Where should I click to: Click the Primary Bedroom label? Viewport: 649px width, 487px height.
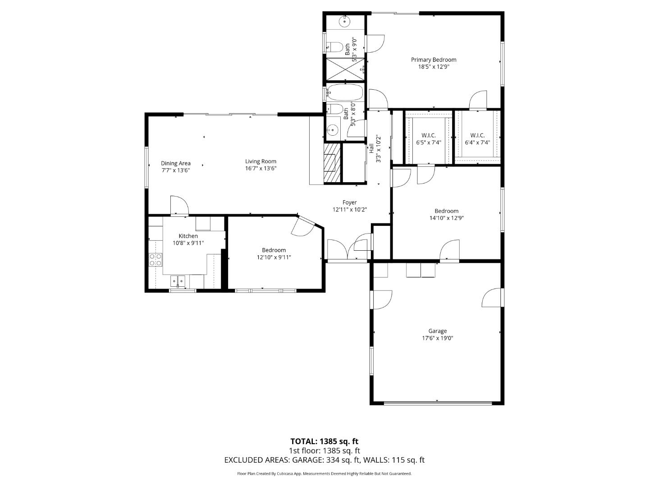pos(433,60)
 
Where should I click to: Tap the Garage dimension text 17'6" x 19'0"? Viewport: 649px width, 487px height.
pos(437,338)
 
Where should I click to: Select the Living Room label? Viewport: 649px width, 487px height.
pos(261,161)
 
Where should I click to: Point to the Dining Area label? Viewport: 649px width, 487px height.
pos(176,163)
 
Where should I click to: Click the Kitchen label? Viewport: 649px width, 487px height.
pos(188,236)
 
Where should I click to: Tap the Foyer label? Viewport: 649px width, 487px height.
pos(349,202)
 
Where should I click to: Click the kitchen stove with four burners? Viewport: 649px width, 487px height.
pos(156,259)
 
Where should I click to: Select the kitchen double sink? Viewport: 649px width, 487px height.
pos(178,281)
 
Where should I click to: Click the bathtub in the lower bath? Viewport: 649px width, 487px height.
pos(345,93)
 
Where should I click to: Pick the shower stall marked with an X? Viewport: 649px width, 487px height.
pos(345,69)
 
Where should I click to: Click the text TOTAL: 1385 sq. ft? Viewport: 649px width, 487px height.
pos(324,441)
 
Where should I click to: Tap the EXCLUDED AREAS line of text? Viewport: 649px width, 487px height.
pos(324,460)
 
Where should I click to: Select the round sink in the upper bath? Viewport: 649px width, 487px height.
pos(345,20)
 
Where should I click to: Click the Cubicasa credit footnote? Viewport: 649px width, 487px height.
pos(324,474)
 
